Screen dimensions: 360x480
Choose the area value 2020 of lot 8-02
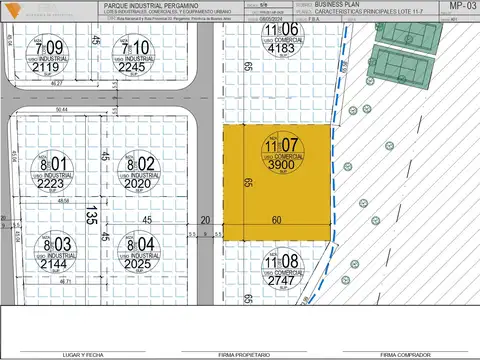click(x=137, y=184)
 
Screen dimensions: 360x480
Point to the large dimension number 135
click(x=91, y=215)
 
